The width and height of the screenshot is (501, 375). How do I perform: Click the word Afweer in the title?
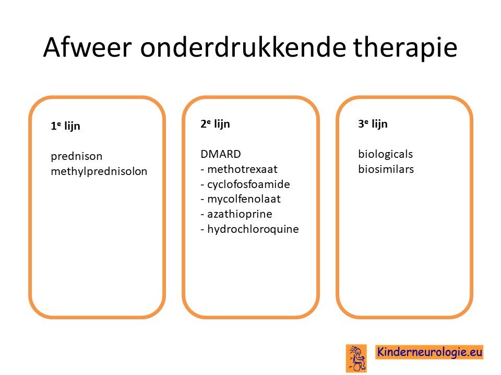pyautogui.click(x=87, y=47)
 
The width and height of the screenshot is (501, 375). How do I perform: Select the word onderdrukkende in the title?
pyautogui.click(x=243, y=47)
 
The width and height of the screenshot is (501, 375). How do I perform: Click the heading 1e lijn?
pyautogui.click(x=65, y=126)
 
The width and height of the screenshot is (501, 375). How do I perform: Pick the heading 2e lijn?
pyautogui.click(x=215, y=124)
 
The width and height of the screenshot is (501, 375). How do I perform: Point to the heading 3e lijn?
pyautogui.click(x=373, y=124)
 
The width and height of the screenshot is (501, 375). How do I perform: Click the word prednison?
pyautogui.click(x=76, y=157)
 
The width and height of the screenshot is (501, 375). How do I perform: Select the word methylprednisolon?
pyautogui.click(x=99, y=171)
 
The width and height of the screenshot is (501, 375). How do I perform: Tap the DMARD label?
pyautogui.click(x=220, y=154)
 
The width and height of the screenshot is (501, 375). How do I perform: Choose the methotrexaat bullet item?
pyautogui.click(x=239, y=169)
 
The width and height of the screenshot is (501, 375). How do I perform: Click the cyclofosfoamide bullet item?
pyautogui.click(x=245, y=184)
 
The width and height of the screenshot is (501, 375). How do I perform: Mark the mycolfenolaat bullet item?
pyautogui.click(x=241, y=199)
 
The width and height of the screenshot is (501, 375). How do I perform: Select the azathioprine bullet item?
pyautogui.click(x=236, y=214)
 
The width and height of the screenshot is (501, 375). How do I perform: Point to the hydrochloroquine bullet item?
pyautogui.click(x=249, y=229)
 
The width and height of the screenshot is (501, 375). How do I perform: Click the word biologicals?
pyautogui.click(x=385, y=154)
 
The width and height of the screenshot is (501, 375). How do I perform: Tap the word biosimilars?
pyautogui.click(x=386, y=169)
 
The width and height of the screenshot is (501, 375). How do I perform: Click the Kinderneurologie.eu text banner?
pyautogui.click(x=429, y=352)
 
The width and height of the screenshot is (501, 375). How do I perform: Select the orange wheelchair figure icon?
pyautogui.click(x=356, y=358)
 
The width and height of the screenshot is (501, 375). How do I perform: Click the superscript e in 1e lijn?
pyautogui.click(x=59, y=123)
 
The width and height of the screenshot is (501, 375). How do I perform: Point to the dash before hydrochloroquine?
pyautogui.click(x=202, y=230)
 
